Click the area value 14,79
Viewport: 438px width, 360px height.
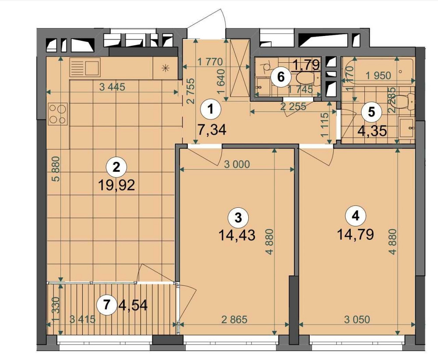355,235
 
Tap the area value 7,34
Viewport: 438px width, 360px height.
211,130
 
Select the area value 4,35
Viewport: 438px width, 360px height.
372,132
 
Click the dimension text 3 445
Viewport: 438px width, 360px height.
112,87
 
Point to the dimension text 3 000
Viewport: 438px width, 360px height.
237,165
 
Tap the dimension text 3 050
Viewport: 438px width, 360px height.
357,319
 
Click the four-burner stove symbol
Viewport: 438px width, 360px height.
57,114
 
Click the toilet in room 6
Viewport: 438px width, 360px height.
305,79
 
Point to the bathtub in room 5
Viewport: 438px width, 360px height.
379,70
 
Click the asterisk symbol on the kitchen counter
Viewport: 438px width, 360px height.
165,68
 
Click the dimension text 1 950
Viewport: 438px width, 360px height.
378,75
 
